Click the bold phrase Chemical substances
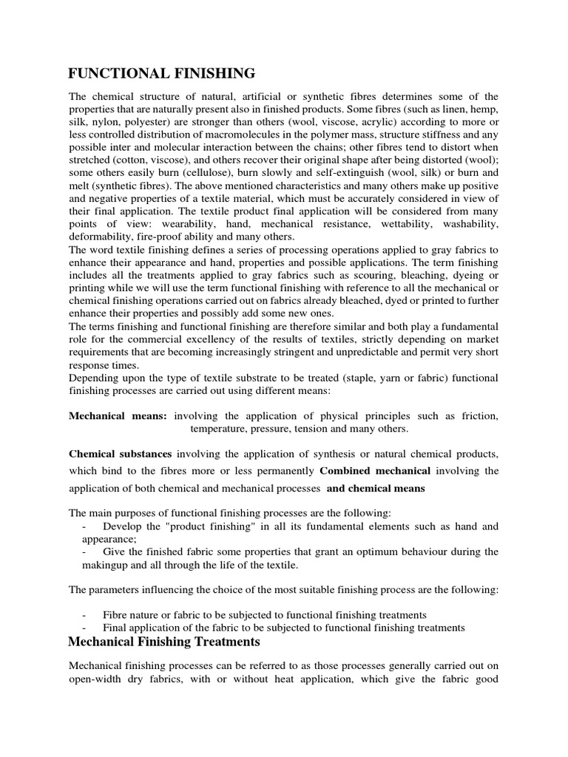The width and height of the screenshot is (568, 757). click(x=121, y=452)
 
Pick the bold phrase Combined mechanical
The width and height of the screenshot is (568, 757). click(x=375, y=470)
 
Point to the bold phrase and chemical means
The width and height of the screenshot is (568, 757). click(x=376, y=489)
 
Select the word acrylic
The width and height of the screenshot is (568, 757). click(x=401, y=122)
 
